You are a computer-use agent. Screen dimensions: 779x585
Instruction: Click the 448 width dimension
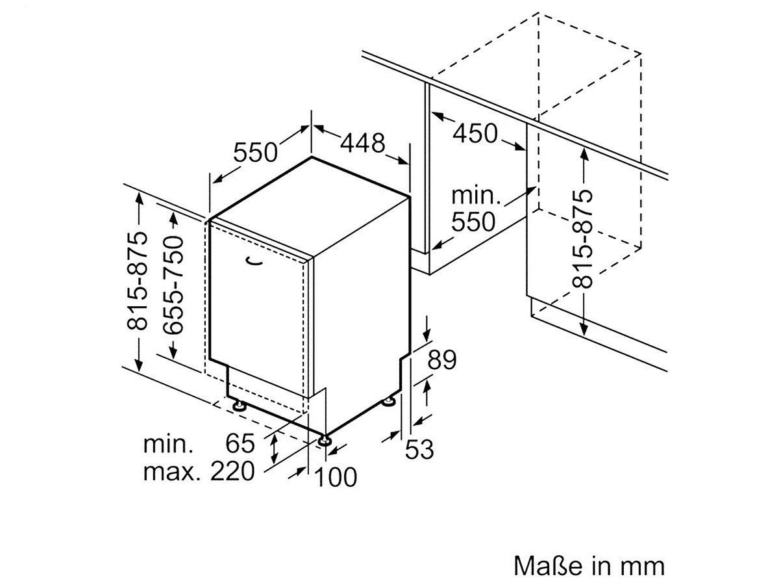(362, 144)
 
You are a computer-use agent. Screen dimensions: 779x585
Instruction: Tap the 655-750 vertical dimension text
(174, 285)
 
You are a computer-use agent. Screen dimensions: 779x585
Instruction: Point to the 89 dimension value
(441, 360)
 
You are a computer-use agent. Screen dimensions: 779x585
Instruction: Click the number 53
(419, 449)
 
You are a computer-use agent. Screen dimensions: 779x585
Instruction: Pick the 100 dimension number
(336, 477)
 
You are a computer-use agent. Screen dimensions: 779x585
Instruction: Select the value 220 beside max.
(233, 471)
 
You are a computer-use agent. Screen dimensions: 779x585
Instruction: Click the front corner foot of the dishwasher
(325, 441)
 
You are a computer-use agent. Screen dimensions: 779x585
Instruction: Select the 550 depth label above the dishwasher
(255, 152)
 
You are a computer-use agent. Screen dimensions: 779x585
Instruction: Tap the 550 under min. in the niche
(473, 222)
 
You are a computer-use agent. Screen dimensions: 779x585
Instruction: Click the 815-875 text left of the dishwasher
(137, 281)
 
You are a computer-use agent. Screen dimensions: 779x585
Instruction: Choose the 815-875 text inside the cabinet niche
(582, 239)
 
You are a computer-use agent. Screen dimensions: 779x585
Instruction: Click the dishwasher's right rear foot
(389, 402)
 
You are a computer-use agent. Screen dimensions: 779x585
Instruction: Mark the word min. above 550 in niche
(476, 196)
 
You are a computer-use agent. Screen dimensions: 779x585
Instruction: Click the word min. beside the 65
(168, 444)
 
